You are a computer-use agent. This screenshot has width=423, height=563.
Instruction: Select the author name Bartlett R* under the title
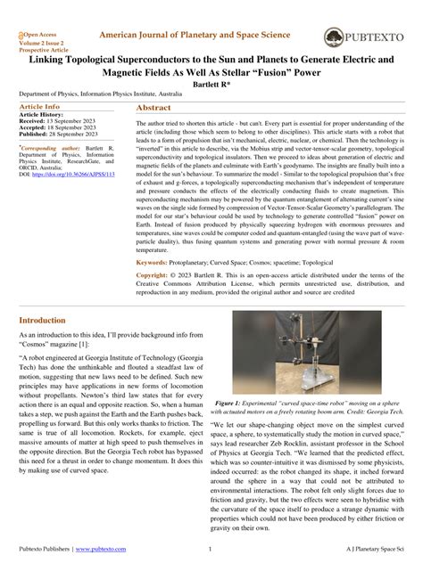[211, 84]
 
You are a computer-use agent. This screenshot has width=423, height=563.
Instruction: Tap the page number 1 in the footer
[210, 549]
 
